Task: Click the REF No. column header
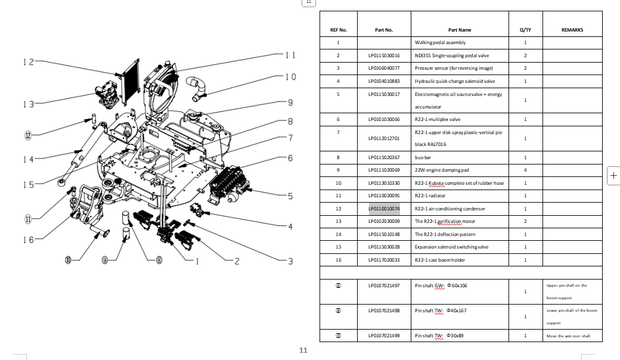pyautogui.click(x=338, y=30)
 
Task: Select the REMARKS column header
pyautogui.click(x=572, y=30)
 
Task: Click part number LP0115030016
pyautogui.click(x=384, y=55)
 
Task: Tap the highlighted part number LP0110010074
pyautogui.click(x=384, y=209)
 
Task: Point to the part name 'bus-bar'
pyautogui.click(x=423, y=157)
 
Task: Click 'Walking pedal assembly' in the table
pyautogui.click(x=440, y=42)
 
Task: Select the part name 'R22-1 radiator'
pyautogui.click(x=430, y=195)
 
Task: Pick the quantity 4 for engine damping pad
pyautogui.click(x=525, y=170)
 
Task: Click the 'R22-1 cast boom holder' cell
pyautogui.click(x=439, y=260)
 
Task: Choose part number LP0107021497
pyautogui.click(x=384, y=285)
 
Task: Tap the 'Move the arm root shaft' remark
pyautogui.click(x=568, y=336)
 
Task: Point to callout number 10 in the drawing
pyautogui.click(x=290, y=77)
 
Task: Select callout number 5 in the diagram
pyautogui.click(x=290, y=195)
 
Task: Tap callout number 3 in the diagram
pyautogui.click(x=290, y=260)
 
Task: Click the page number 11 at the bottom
pyautogui.click(x=302, y=350)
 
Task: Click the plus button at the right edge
pyautogui.click(x=613, y=176)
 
